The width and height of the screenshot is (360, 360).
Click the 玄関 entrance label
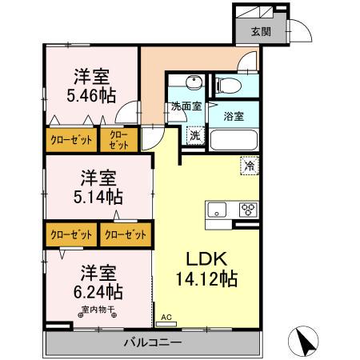tap(260, 32)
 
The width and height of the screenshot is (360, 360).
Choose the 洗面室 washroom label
tap(184, 106)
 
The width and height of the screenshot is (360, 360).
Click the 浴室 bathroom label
tap(234, 117)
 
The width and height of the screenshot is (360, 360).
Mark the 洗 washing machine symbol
tap(194, 136)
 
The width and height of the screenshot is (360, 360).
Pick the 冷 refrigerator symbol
tap(250, 166)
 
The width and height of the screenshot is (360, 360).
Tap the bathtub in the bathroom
tap(234, 141)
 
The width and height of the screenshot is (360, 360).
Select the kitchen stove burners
tap(246, 210)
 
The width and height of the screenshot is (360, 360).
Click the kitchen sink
tap(218, 210)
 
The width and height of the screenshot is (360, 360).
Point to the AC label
tap(166, 317)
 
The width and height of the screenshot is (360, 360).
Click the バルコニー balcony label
tap(152, 343)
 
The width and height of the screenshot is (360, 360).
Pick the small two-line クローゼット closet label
tap(118, 139)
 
